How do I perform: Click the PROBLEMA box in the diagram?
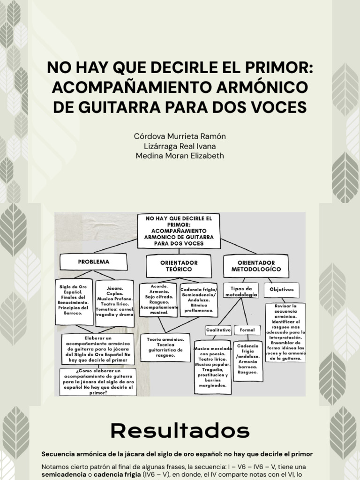(94, 262)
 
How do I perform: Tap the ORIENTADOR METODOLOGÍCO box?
(256, 266)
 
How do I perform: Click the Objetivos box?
(281, 290)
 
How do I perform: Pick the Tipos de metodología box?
(241, 291)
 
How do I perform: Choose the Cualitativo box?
(219, 330)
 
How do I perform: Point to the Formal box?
(247, 330)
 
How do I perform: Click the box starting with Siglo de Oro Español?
(74, 300)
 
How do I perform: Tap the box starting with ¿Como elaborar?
(98, 382)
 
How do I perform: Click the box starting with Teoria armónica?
(165, 347)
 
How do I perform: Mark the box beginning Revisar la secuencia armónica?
(285, 332)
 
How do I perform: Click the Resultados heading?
(180, 430)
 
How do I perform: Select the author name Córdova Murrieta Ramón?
(180, 136)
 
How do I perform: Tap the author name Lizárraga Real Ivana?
(180, 146)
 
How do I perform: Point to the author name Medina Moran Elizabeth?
(180, 155)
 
